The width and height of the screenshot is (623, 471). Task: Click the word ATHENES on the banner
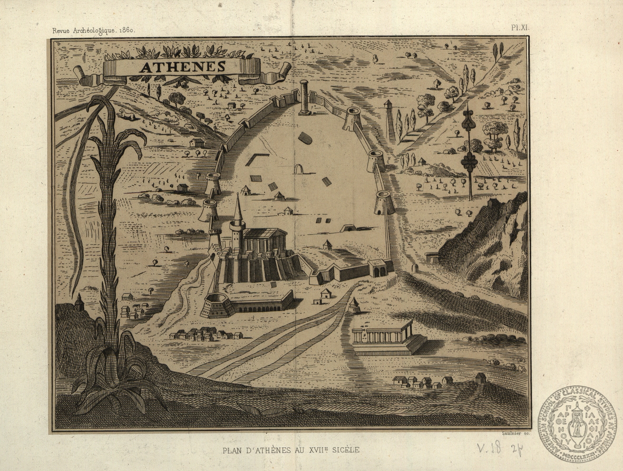[182, 67]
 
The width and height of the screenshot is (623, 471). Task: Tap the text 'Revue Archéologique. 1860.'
[94, 30]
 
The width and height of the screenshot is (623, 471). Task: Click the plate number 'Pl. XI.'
[520, 28]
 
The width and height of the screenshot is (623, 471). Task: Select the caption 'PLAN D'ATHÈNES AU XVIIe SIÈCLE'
[291, 450]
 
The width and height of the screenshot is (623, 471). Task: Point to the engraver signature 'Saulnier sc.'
[516, 433]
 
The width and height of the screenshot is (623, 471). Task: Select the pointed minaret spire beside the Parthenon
[238, 209]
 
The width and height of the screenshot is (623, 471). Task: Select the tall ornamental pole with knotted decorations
[470, 152]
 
